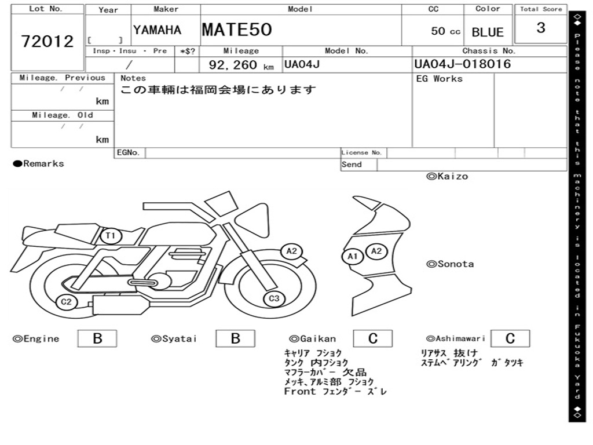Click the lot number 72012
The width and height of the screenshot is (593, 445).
point(47,41)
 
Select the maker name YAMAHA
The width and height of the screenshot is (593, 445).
point(157,30)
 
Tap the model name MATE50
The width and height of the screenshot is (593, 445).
point(237,30)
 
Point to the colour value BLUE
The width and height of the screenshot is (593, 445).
point(488,32)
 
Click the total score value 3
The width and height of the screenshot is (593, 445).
point(541,28)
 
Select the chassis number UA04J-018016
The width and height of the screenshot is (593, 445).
point(463,64)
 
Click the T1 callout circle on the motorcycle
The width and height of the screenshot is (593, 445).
point(111,236)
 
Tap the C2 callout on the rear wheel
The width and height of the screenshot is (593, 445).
point(66,301)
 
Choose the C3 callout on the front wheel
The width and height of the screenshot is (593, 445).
point(274,298)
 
